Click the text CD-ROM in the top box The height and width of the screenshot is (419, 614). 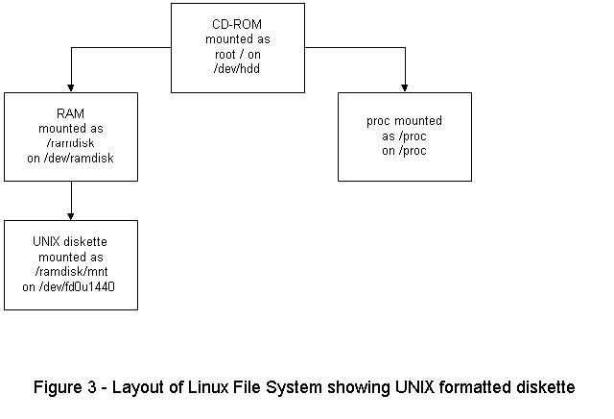[238, 24]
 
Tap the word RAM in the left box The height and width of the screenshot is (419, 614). [71, 113]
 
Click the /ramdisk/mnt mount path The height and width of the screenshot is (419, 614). [71, 272]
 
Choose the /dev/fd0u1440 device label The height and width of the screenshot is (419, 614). [71, 286]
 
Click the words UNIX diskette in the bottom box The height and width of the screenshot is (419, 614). [71, 243]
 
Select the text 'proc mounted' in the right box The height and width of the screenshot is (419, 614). [404, 122]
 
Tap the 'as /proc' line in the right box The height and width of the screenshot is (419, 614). [404, 136]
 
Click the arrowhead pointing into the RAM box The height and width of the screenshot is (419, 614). [71, 87]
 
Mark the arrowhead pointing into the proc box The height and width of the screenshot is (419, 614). [405, 87]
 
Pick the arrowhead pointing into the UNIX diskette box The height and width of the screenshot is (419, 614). [71, 215]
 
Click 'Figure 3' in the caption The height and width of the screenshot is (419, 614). [65, 387]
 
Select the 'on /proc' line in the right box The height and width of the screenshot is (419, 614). [404, 151]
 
